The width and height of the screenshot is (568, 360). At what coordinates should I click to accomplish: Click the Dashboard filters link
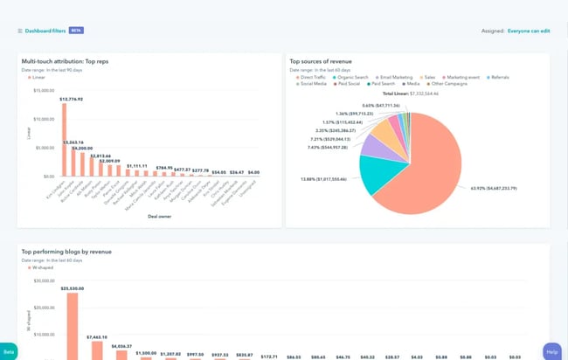coord(45,31)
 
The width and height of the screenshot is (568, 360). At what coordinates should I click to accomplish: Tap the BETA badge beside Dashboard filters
coord(76,31)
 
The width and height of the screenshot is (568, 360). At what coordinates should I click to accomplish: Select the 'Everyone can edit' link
coord(529,31)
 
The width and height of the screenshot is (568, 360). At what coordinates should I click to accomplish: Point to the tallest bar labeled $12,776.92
coord(72,140)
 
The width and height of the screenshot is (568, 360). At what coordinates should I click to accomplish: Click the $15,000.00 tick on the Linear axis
coord(43,90)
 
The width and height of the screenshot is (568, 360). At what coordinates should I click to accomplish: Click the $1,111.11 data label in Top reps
coord(137,165)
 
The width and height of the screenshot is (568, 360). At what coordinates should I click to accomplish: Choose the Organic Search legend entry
coord(353,77)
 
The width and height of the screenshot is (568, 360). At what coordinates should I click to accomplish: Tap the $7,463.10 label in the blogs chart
coord(97,336)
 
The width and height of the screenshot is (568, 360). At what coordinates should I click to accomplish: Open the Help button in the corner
coord(551,351)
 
